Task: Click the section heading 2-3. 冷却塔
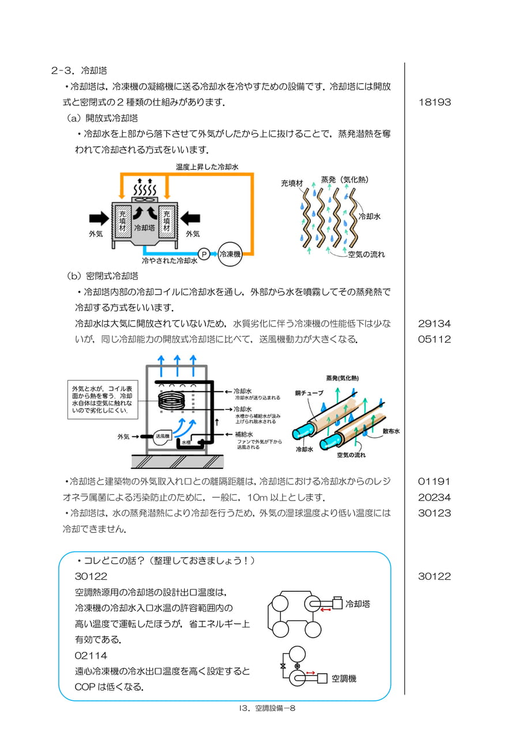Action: click(x=79, y=70)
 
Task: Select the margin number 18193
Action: click(x=434, y=102)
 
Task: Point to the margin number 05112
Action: click(x=434, y=339)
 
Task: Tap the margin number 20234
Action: click(x=434, y=497)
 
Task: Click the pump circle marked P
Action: click(x=204, y=255)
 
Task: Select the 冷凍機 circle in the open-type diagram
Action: click(x=230, y=254)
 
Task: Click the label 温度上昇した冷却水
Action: click(x=207, y=167)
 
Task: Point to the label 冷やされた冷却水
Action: click(x=170, y=260)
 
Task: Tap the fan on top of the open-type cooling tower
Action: click(x=145, y=200)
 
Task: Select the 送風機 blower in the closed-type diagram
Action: click(x=162, y=436)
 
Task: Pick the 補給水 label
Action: click(x=244, y=435)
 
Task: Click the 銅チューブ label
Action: click(x=309, y=393)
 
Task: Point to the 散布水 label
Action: click(x=391, y=431)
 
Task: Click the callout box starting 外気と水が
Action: click(x=103, y=400)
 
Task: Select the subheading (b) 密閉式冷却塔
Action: click(x=103, y=276)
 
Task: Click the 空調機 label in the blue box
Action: click(x=344, y=678)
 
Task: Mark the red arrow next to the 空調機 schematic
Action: click(x=310, y=673)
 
